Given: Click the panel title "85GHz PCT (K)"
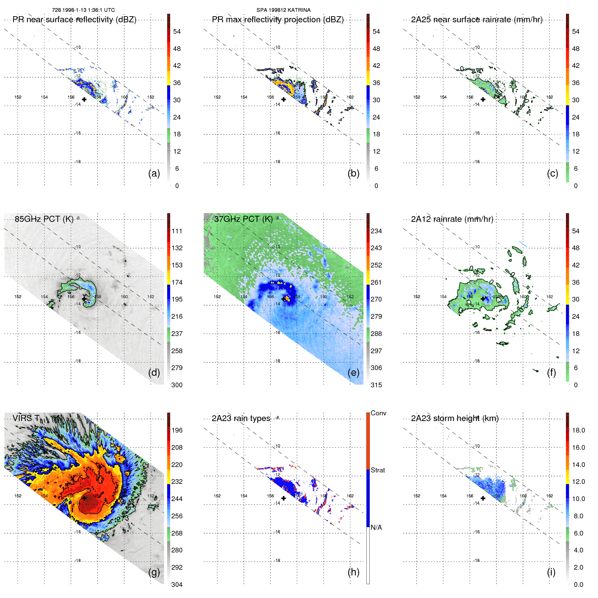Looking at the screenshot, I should (x=44, y=219).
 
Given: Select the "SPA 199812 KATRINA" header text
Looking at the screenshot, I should (x=283, y=10).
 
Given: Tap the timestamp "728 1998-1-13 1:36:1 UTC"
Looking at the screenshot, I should (x=83, y=10).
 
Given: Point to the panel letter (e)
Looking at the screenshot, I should (x=354, y=372).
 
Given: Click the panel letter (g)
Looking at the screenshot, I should (x=154, y=572).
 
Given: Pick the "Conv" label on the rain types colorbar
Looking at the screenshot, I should (x=378, y=413).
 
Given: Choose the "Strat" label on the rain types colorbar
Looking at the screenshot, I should (x=378, y=470).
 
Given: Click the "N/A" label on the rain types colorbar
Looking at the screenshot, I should (x=376, y=527).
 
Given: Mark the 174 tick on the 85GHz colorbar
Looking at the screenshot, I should (x=177, y=282).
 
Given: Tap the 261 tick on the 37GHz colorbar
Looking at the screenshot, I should (x=376, y=282).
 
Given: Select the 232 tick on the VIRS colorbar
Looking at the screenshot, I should (x=177, y=482).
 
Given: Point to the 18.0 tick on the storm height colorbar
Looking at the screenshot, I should (x=578, y=430).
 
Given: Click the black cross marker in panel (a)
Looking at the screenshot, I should (x=84, y=99).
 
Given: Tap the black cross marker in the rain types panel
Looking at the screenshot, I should (x=284, y=498).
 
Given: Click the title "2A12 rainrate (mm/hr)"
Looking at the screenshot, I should (x=452, y=219).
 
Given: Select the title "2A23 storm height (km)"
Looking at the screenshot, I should (x=454, y=418).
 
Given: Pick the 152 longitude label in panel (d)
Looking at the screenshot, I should (x=18, y=296).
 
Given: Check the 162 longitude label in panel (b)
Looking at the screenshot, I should (x=350, y=97).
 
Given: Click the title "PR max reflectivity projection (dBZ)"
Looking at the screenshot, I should (x=278, y=20).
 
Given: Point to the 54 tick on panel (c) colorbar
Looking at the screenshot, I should (x=576, y=31).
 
